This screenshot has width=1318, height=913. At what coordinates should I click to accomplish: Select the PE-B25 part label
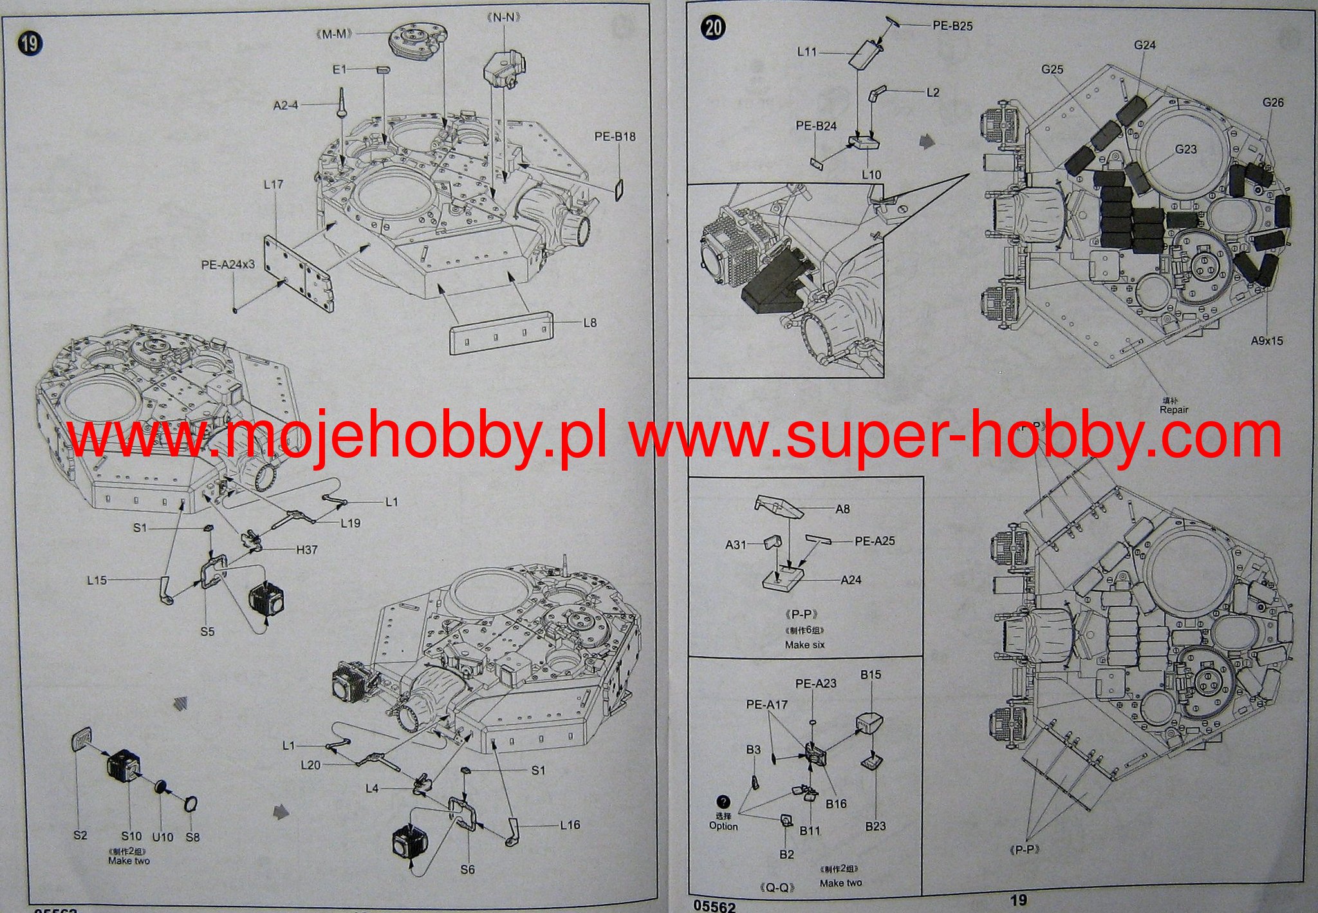(952, 26)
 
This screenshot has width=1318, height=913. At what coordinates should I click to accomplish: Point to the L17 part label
(274, 185)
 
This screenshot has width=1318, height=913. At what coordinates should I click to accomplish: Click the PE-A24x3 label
(228, 264)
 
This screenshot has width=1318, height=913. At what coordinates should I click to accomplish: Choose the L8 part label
(589, 323)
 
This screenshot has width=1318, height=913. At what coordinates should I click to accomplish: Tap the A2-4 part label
(286, 105)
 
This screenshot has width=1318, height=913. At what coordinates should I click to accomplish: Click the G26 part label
(1272, 102)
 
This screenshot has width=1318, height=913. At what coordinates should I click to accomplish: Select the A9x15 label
(1267, 341)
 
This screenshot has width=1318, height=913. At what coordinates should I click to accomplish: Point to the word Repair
(1174, 409)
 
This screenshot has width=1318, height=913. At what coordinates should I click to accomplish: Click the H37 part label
(307, 550)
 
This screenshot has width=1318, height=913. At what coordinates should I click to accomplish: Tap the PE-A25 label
(875, 541)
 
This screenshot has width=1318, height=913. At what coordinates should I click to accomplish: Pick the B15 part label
(871, 675)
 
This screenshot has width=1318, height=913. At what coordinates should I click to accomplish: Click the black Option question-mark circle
(723, 802)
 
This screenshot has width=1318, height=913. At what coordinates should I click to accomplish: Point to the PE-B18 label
(615, 136)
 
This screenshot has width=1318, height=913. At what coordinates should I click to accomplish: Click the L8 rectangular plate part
(502, 332)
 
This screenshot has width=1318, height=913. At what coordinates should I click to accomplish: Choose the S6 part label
(468, 869)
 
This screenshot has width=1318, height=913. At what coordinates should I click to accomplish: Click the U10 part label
(163, 837)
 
